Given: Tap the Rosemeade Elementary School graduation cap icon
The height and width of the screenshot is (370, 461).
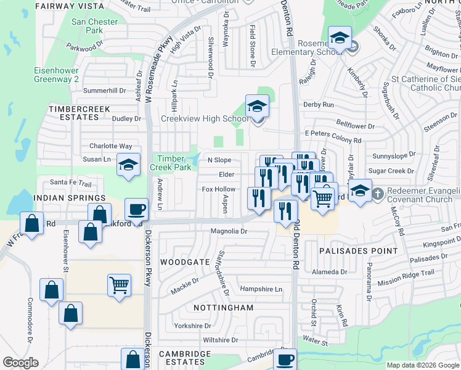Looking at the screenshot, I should coord(340,38).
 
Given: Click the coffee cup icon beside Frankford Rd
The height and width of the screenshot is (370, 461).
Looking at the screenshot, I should coord(136,208).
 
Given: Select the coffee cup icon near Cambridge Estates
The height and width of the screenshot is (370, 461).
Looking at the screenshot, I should coord(285,358).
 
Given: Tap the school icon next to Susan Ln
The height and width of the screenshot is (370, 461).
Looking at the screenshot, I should coord(128,165).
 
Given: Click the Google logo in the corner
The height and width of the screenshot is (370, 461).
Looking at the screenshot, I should coord(20,363).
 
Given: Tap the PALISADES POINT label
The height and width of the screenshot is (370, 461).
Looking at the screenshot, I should coord(350,251).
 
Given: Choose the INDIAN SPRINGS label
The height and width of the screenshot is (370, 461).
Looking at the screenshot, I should coord(70,198).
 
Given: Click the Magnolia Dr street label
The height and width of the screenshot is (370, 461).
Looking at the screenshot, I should coord(229,232).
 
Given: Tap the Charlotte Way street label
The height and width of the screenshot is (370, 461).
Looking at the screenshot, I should coord(111,146).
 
